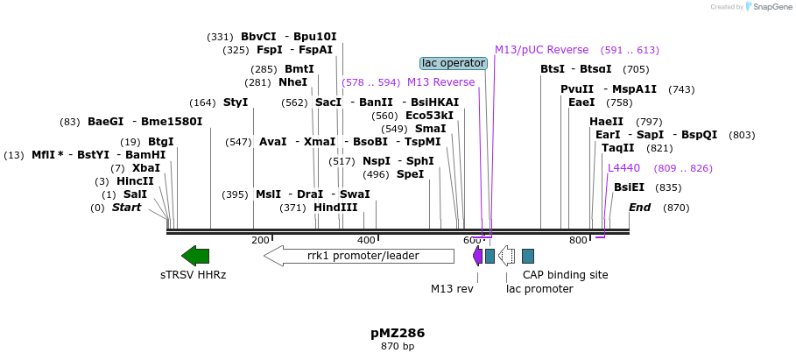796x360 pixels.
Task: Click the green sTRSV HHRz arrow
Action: (195, 256)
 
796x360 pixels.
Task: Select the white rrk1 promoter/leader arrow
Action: (359, 256)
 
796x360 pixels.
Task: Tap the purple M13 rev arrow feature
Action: (477, 256)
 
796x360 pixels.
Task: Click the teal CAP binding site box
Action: (528, 256)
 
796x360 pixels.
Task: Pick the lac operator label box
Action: (453, 63)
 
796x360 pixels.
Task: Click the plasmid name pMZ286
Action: (398, 333)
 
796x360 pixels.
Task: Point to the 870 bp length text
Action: (398, 347)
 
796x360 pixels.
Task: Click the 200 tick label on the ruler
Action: (260, 240)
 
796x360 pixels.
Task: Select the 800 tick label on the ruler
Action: (578, 240)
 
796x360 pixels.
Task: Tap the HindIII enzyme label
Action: (336, 208)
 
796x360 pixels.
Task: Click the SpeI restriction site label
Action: (410, 174)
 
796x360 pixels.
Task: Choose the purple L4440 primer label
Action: (623, 168)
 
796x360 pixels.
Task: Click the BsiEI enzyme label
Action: (629, 187)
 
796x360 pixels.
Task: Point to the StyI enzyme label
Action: (236, 102)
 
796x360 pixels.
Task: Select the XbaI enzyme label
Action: (146, 168)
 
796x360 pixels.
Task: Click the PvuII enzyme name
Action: (577, 89)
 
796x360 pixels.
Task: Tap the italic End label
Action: (639, 208)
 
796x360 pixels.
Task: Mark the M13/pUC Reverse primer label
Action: (541, 50)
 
